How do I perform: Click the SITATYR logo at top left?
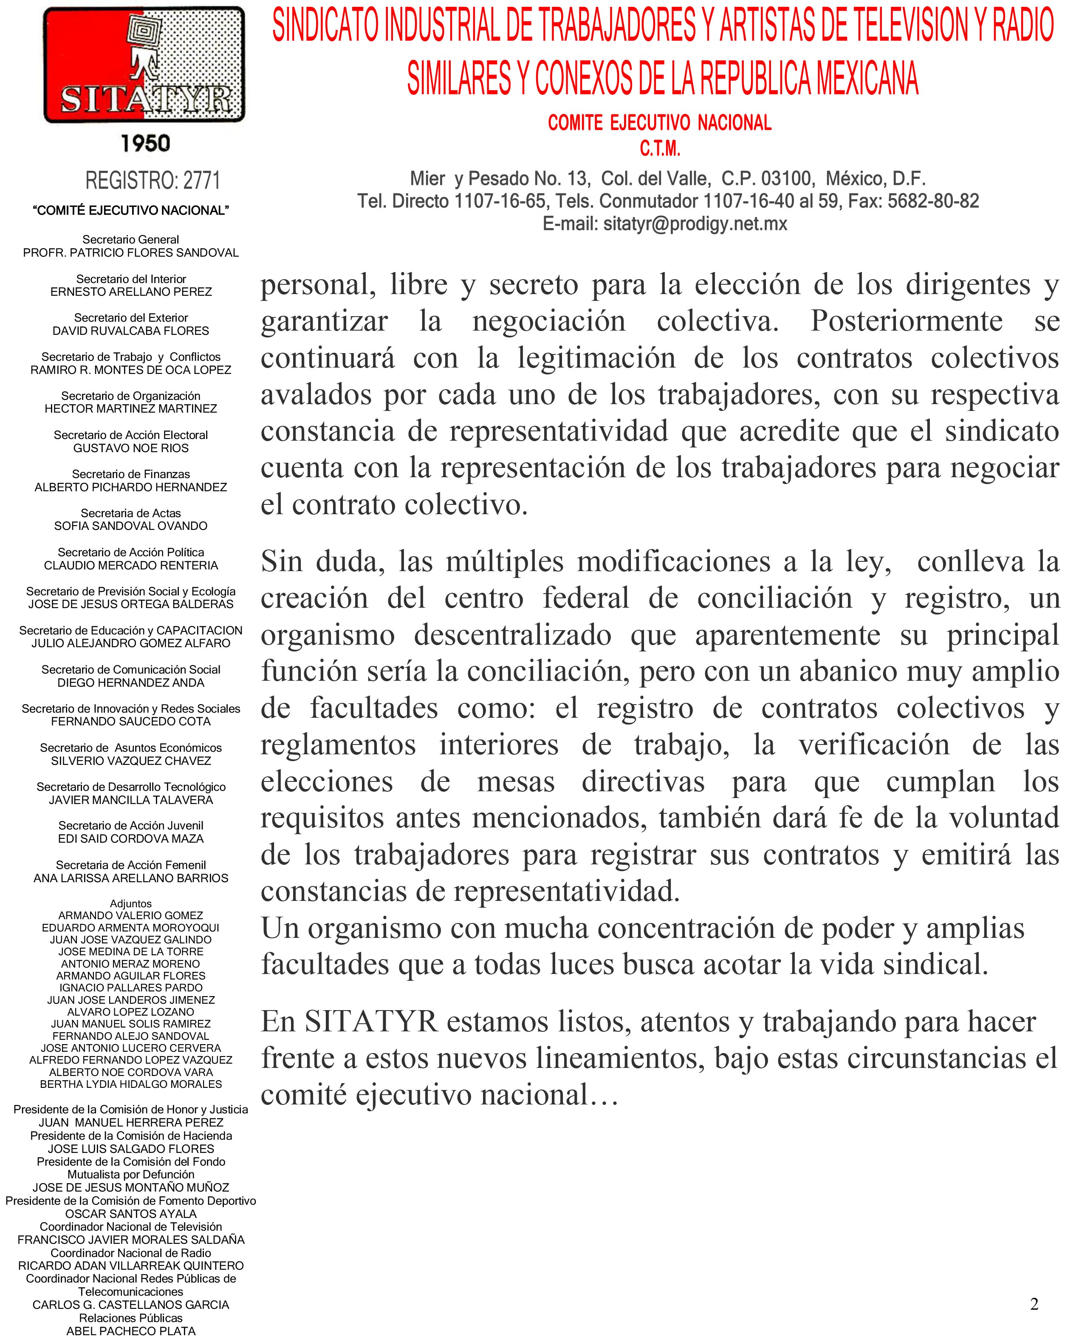pos(144,65)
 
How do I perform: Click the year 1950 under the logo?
pos(145,143)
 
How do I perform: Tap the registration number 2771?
pos(201,181)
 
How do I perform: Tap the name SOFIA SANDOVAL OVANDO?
pos(131,526)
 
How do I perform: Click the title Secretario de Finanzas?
pos(131,474)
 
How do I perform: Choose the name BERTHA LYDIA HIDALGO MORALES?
pos(131,1084)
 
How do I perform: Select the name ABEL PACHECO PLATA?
pos(131,1331)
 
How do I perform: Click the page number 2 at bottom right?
pos(1034,1304)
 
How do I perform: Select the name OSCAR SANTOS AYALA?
pos(131,1214)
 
